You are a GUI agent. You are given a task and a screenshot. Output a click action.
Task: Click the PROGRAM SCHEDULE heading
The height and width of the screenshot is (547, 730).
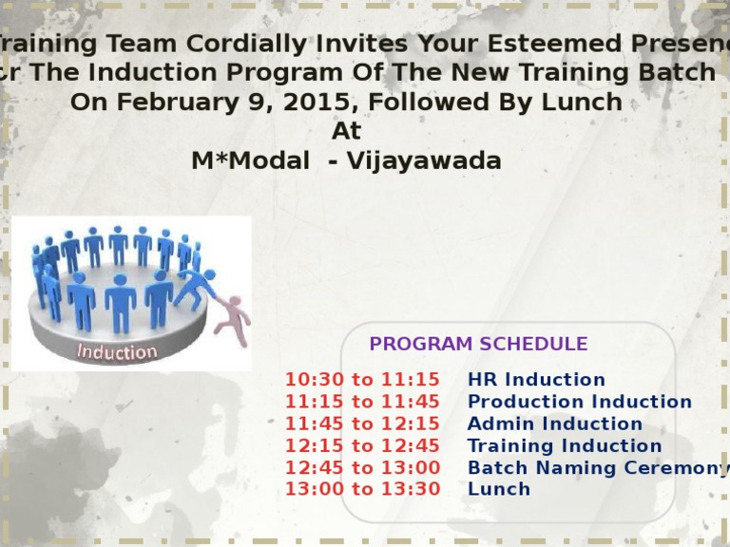tap(478, 345)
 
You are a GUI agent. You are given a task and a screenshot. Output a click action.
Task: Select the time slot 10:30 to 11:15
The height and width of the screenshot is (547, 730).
tap(362, 380)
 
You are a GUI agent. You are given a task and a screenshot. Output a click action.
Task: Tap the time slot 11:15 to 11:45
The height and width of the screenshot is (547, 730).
tap(362, 402)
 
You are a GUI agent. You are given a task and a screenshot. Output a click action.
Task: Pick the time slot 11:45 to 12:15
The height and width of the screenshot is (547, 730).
tap(362, 424)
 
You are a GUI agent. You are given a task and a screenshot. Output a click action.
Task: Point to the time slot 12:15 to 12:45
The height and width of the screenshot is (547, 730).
tap(362, 445)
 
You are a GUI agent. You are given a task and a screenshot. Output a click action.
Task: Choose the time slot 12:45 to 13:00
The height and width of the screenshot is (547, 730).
tap(362, 467)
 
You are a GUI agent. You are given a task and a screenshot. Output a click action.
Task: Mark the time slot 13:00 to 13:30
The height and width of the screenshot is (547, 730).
tap(362, 489)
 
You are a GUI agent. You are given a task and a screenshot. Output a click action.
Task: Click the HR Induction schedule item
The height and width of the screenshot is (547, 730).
tap(536, 380)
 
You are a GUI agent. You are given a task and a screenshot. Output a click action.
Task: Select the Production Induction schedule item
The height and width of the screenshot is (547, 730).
tap(580, 402)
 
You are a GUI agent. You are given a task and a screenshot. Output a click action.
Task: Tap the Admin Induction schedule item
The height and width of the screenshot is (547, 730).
tap(555, 424)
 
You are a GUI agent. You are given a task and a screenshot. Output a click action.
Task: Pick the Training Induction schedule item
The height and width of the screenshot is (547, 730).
tap(565, 445)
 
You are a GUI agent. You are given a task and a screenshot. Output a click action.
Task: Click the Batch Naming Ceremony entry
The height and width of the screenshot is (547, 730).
tap(597, 467)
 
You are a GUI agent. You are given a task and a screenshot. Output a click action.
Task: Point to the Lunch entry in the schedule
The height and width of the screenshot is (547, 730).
tap(499, 489)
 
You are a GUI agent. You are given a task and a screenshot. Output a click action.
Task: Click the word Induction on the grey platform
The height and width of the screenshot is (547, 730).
tap(117, 352)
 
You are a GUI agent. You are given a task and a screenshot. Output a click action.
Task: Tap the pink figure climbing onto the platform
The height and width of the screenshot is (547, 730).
tap(231, 318)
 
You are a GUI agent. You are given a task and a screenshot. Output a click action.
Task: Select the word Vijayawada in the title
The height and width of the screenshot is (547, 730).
tap(424, 160)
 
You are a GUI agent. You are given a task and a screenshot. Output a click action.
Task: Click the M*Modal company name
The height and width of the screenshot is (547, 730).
tap(250, 160)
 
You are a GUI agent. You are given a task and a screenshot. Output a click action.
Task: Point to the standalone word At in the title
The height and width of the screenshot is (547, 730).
tap(346, 131)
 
